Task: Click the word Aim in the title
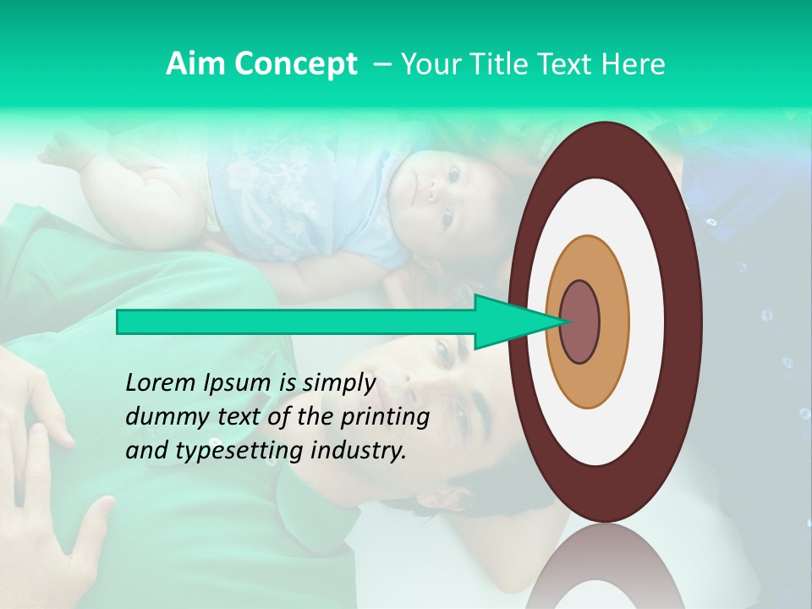coord(195,64)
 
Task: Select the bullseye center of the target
coord(580,322)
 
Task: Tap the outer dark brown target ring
coord(687,322)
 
